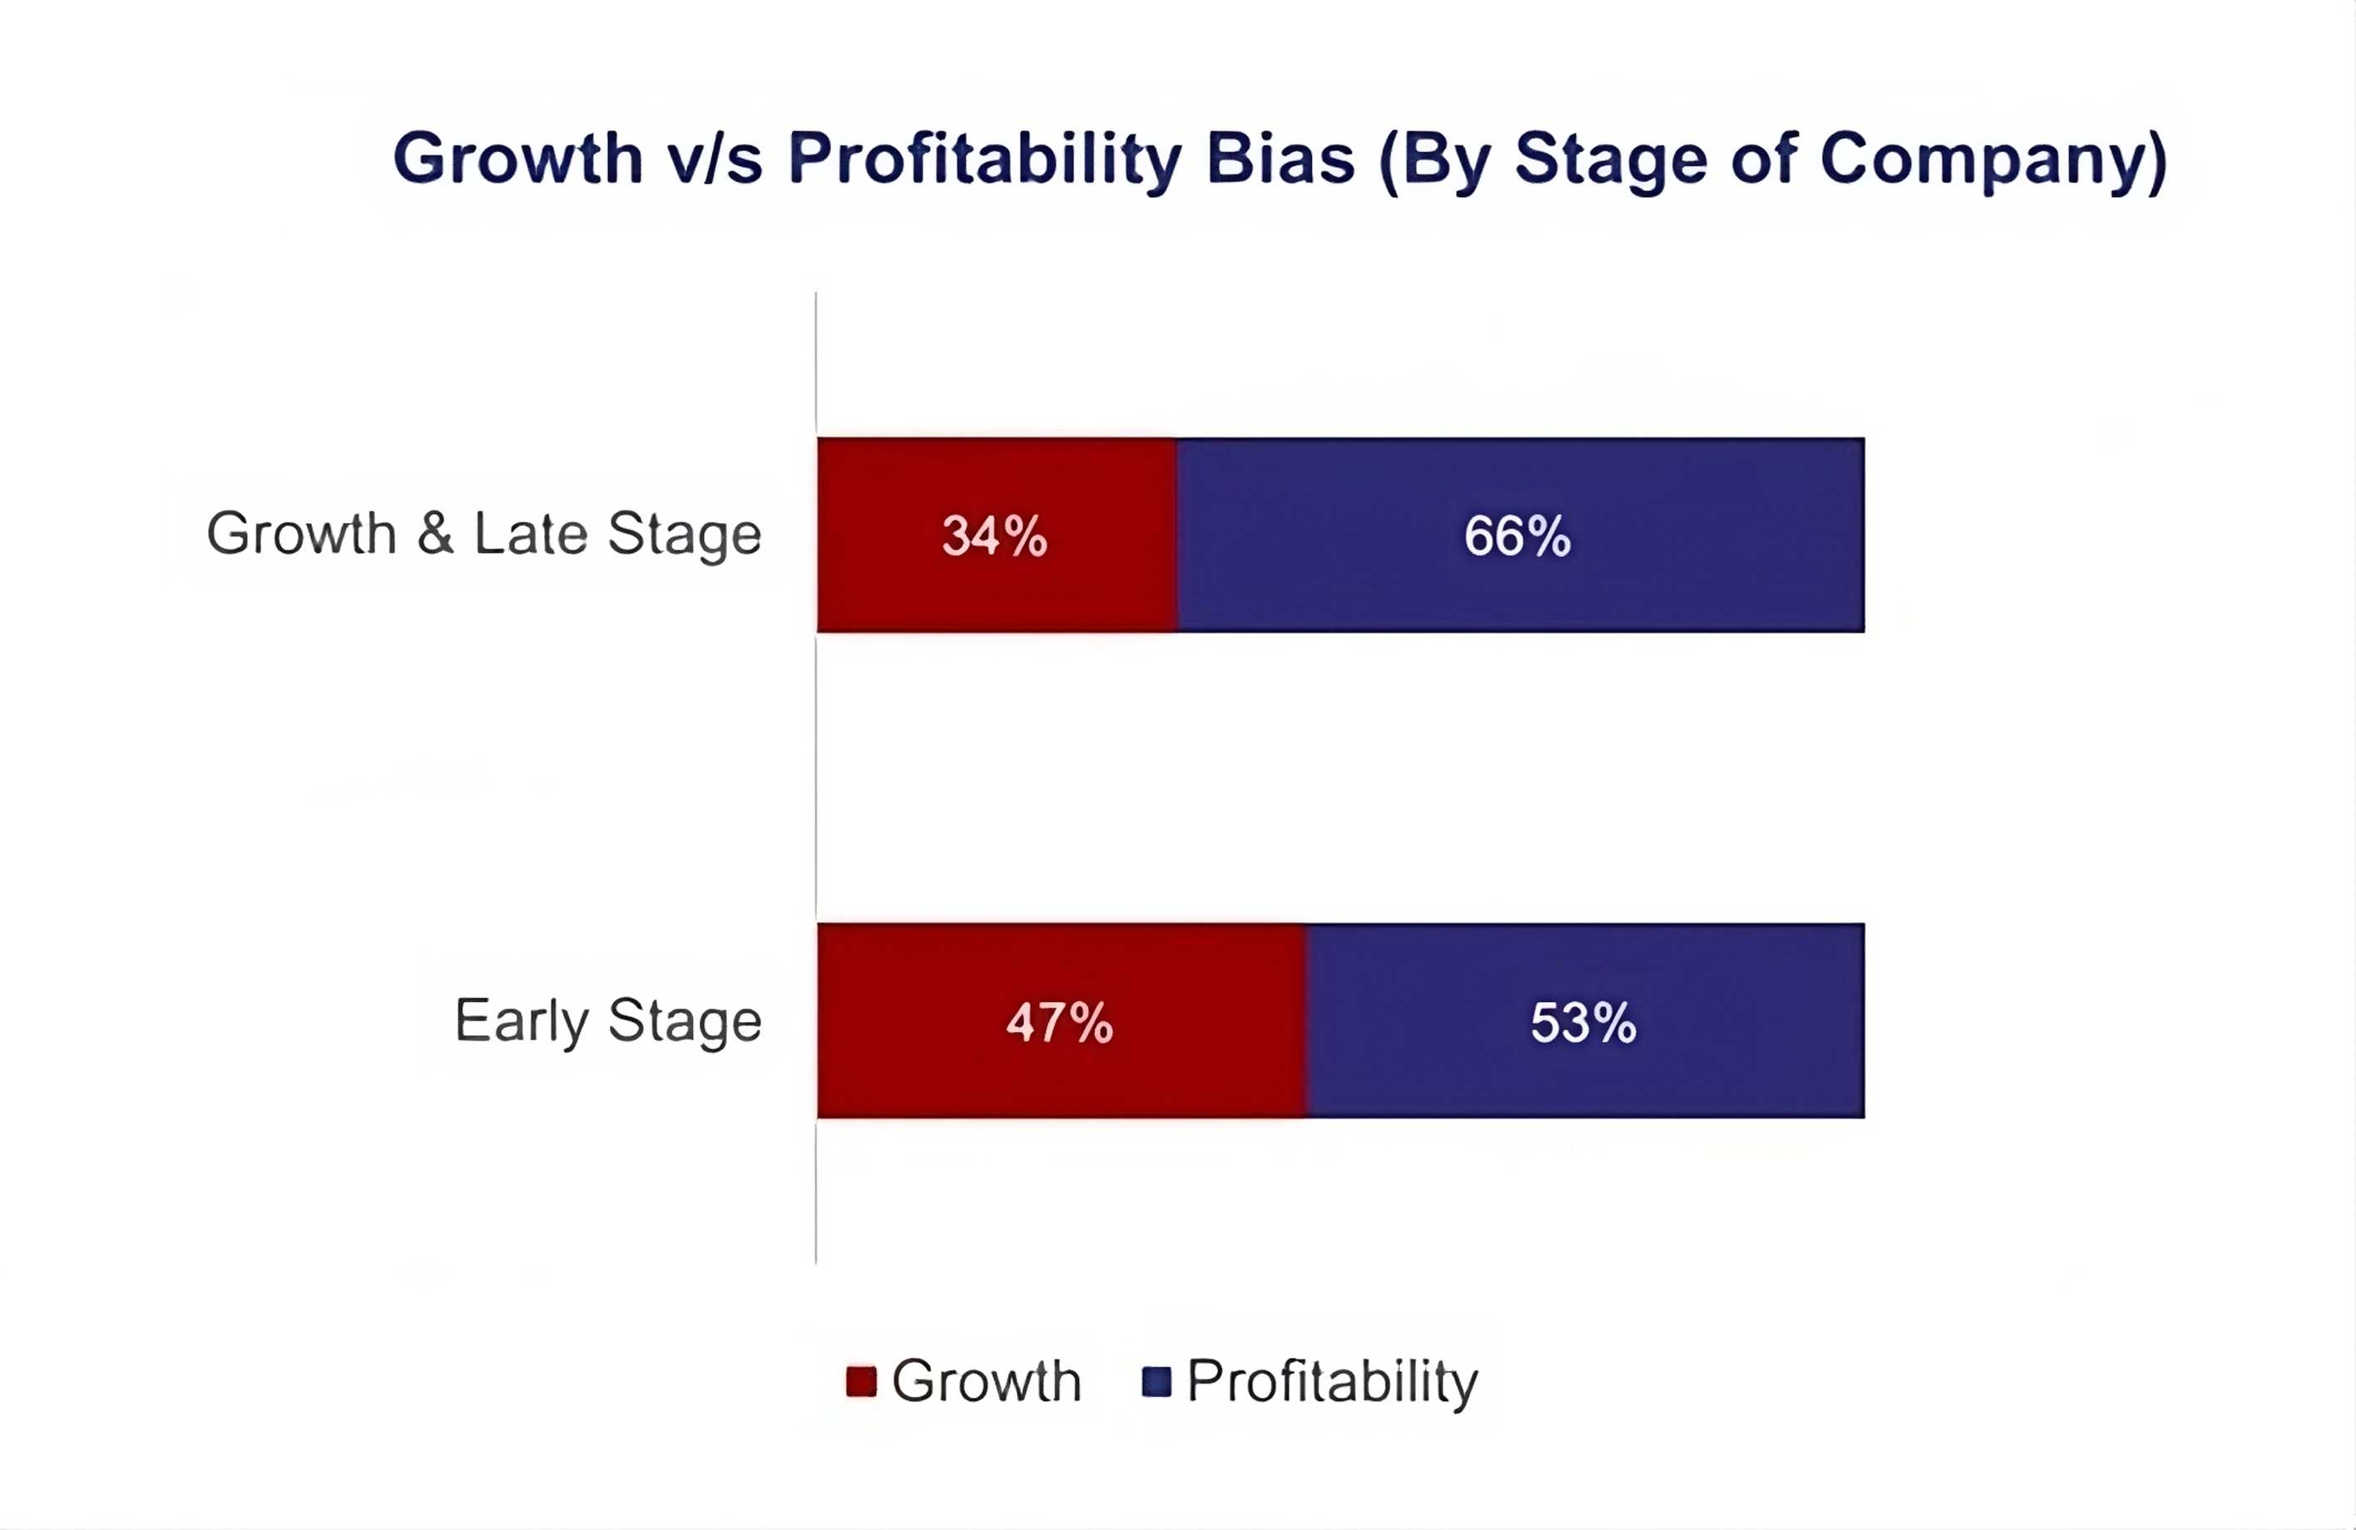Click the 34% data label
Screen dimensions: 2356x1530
(x=994, y=535)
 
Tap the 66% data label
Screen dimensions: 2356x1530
(x=1517, y=535)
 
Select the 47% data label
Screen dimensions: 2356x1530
(x=1059, y=1022)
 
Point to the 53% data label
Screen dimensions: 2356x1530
(x=1583, y=1022)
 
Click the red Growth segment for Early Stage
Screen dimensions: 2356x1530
(x=1062, y=1020)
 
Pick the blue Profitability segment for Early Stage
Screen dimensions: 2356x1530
(x=1585, y=1020)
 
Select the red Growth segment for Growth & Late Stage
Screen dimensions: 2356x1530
(x=997, y=535)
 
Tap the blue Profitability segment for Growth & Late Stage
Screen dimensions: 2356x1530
(x=1521, y=535)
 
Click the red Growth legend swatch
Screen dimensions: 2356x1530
(x=861, y=1381)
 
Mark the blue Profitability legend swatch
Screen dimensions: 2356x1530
(x=1156, y=1381)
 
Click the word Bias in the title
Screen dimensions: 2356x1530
(x=1280, y=157)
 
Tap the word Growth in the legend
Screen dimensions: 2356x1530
(x=986, y=1381)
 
